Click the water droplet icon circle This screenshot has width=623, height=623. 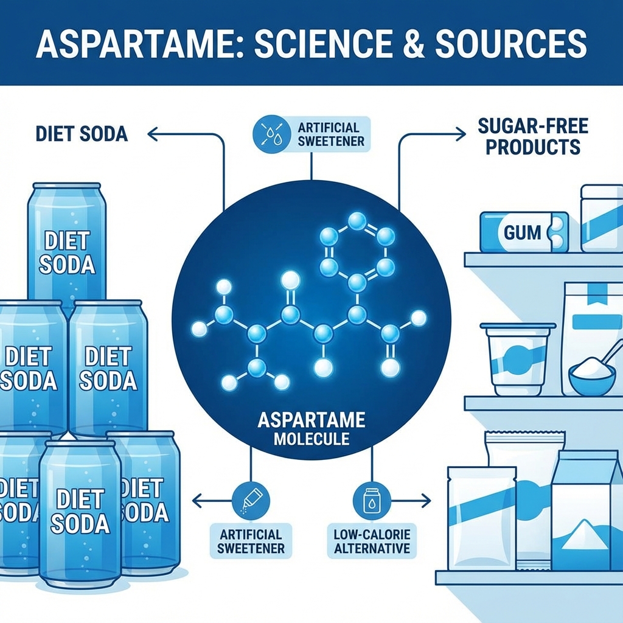[269, 134]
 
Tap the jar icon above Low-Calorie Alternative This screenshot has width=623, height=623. [367, 501]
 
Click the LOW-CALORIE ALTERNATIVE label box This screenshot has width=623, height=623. [371, 541]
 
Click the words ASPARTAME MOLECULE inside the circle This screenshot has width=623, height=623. [311, 428]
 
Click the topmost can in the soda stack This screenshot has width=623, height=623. [67, 243]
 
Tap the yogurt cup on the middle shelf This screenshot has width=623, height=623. [517, 359]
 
